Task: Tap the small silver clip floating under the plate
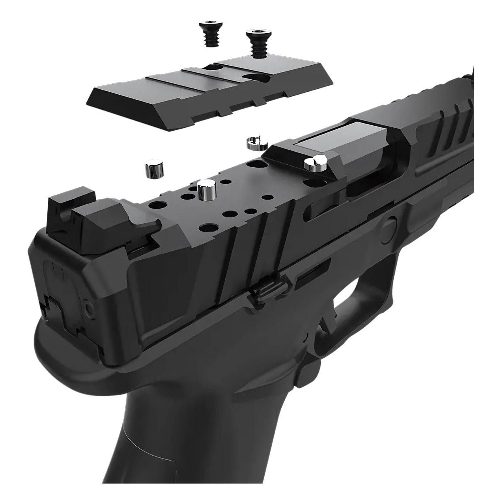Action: point(254,143)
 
